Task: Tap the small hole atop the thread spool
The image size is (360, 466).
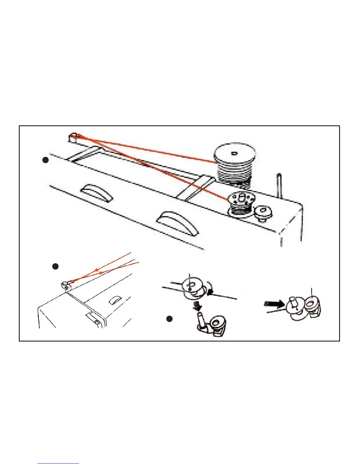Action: coord(234,153)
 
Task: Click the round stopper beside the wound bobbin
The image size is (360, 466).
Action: coord(264,213)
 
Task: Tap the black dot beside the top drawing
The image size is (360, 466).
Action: coord(45,160)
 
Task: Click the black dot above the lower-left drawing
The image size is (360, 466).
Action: coord(55,267)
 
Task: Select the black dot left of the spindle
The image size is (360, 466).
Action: coord(169,319)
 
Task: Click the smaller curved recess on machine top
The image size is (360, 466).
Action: coord(97,192)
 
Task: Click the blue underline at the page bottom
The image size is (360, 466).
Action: coord(58,463)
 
